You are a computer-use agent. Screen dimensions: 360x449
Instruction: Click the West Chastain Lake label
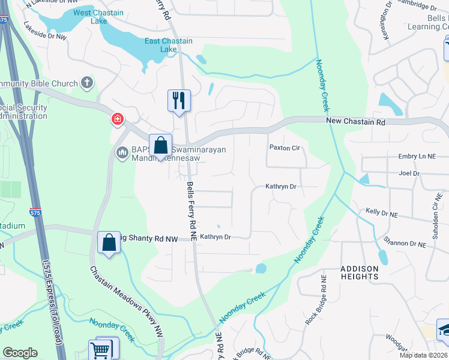pos(98,17)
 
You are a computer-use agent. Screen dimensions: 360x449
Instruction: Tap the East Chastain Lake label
pos(169,45)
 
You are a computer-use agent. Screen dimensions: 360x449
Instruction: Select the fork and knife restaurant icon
pos(179,100)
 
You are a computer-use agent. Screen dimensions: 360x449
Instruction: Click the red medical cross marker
pos(117,119)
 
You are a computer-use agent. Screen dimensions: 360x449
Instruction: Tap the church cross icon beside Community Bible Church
pos(88,83)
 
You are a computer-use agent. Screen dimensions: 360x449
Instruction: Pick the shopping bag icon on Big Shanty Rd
pos(109,243)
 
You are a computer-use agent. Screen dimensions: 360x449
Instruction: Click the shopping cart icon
pos(100,350)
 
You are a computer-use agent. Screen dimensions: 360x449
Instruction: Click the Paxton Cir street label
pos(284,148)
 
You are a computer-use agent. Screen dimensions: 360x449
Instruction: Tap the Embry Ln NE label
pos(417,157)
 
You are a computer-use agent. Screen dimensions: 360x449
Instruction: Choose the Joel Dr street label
pos(408,173)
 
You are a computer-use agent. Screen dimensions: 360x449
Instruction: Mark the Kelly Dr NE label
pos(382,213)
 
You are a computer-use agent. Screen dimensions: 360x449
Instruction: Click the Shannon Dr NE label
pos(405,244)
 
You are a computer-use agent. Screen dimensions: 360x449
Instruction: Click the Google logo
pos(20,353)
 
